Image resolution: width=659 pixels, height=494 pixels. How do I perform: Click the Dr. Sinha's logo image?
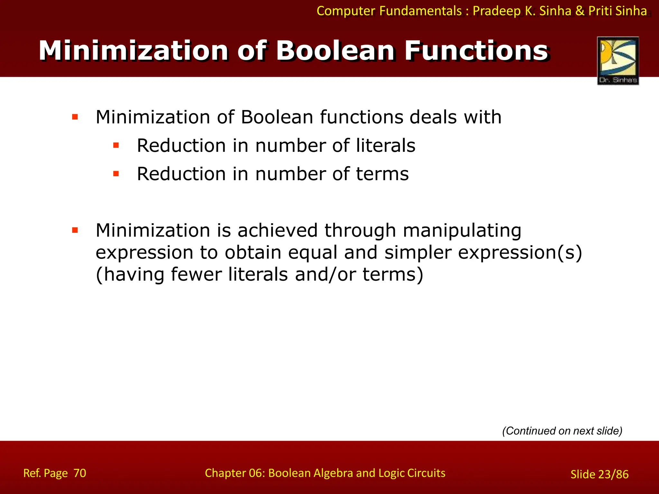[618, 60]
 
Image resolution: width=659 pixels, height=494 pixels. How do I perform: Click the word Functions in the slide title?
[476, 51]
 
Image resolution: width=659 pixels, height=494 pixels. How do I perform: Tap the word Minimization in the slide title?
[134, 51]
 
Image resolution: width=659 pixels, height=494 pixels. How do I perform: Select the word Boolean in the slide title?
[336, 51]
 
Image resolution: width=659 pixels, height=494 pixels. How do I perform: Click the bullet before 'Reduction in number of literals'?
[116, 146]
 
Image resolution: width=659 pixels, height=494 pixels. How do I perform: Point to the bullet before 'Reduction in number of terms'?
[116, 174]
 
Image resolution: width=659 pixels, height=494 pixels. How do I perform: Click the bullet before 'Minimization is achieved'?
[75, 230]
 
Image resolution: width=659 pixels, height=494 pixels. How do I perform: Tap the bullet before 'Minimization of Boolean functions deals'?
[75, 117]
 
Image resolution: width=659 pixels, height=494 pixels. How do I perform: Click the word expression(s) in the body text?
[520, 253]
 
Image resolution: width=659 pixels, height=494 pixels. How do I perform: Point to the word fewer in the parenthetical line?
[196, 274]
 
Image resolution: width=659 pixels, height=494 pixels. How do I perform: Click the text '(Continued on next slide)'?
[562, 431]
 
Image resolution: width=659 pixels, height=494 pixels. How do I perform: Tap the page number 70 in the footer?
[80, 473]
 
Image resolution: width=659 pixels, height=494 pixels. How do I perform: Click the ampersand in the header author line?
[580, 11]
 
